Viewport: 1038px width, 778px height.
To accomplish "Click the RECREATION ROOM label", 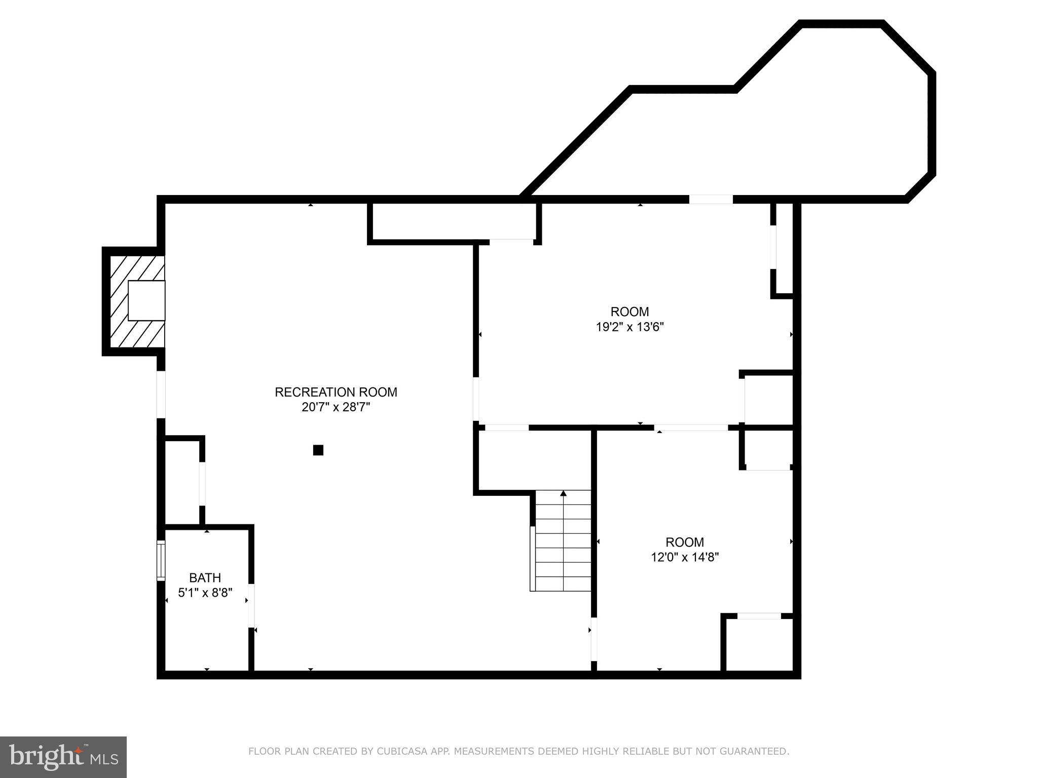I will (336, 392).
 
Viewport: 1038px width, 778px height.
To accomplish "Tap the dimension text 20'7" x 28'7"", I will (336, 407).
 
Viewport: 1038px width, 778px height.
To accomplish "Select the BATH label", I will (205, 577).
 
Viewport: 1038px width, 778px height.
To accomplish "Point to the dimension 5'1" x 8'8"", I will (205, 593).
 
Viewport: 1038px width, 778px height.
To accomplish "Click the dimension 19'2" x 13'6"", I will (629, 327).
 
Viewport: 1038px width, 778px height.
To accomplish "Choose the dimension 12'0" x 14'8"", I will (685, 557).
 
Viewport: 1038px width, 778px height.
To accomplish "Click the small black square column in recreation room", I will (318, 450).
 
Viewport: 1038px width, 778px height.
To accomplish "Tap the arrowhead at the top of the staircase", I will (563, 493).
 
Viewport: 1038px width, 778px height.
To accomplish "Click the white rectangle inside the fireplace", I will (146, 300).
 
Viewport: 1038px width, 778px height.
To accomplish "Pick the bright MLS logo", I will (63, 757).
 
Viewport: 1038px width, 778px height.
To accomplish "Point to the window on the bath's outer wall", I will (161, 560).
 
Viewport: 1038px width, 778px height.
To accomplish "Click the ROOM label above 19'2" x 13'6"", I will (629, 312).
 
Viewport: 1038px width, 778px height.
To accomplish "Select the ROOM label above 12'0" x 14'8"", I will (685, 542).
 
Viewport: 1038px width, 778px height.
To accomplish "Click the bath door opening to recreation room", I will (251, 605).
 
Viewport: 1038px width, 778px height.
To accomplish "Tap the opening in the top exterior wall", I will (711, 199).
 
